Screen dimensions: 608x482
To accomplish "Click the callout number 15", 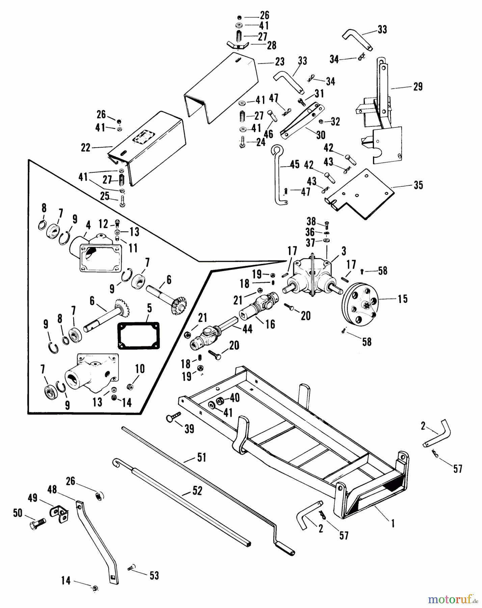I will (402, 299).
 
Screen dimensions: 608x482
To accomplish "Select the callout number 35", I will (418, 185).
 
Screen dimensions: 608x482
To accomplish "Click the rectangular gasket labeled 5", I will (138, 335).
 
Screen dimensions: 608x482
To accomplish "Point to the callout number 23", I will (279, 62).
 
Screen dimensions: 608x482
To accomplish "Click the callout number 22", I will (85, 148).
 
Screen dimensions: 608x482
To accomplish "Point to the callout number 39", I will (189, 429).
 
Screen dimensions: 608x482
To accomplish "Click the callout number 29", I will (418, 87).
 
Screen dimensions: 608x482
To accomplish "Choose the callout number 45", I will (295, 165).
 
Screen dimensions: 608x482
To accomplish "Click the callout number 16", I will (270, 324).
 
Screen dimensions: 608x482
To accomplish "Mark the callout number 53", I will (154, 576).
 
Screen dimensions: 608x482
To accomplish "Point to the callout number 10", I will (140, 369).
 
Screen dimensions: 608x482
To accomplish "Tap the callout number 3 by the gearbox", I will (344, 251).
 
